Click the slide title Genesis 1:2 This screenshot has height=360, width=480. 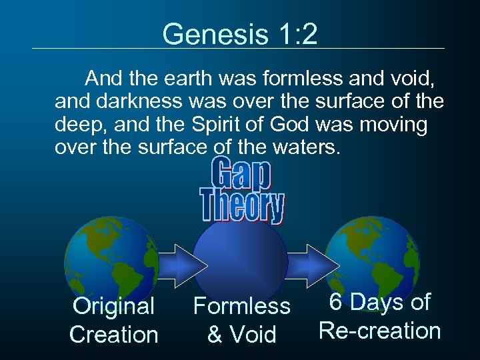pos(240,33)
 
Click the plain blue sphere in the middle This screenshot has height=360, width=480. pos(241,257)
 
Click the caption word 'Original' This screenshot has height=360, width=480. pos(113,306)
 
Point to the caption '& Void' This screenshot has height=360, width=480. pos(241,334)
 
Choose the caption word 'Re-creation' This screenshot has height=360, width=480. pos(379,330)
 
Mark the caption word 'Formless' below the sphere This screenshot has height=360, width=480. pos(241,306)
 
